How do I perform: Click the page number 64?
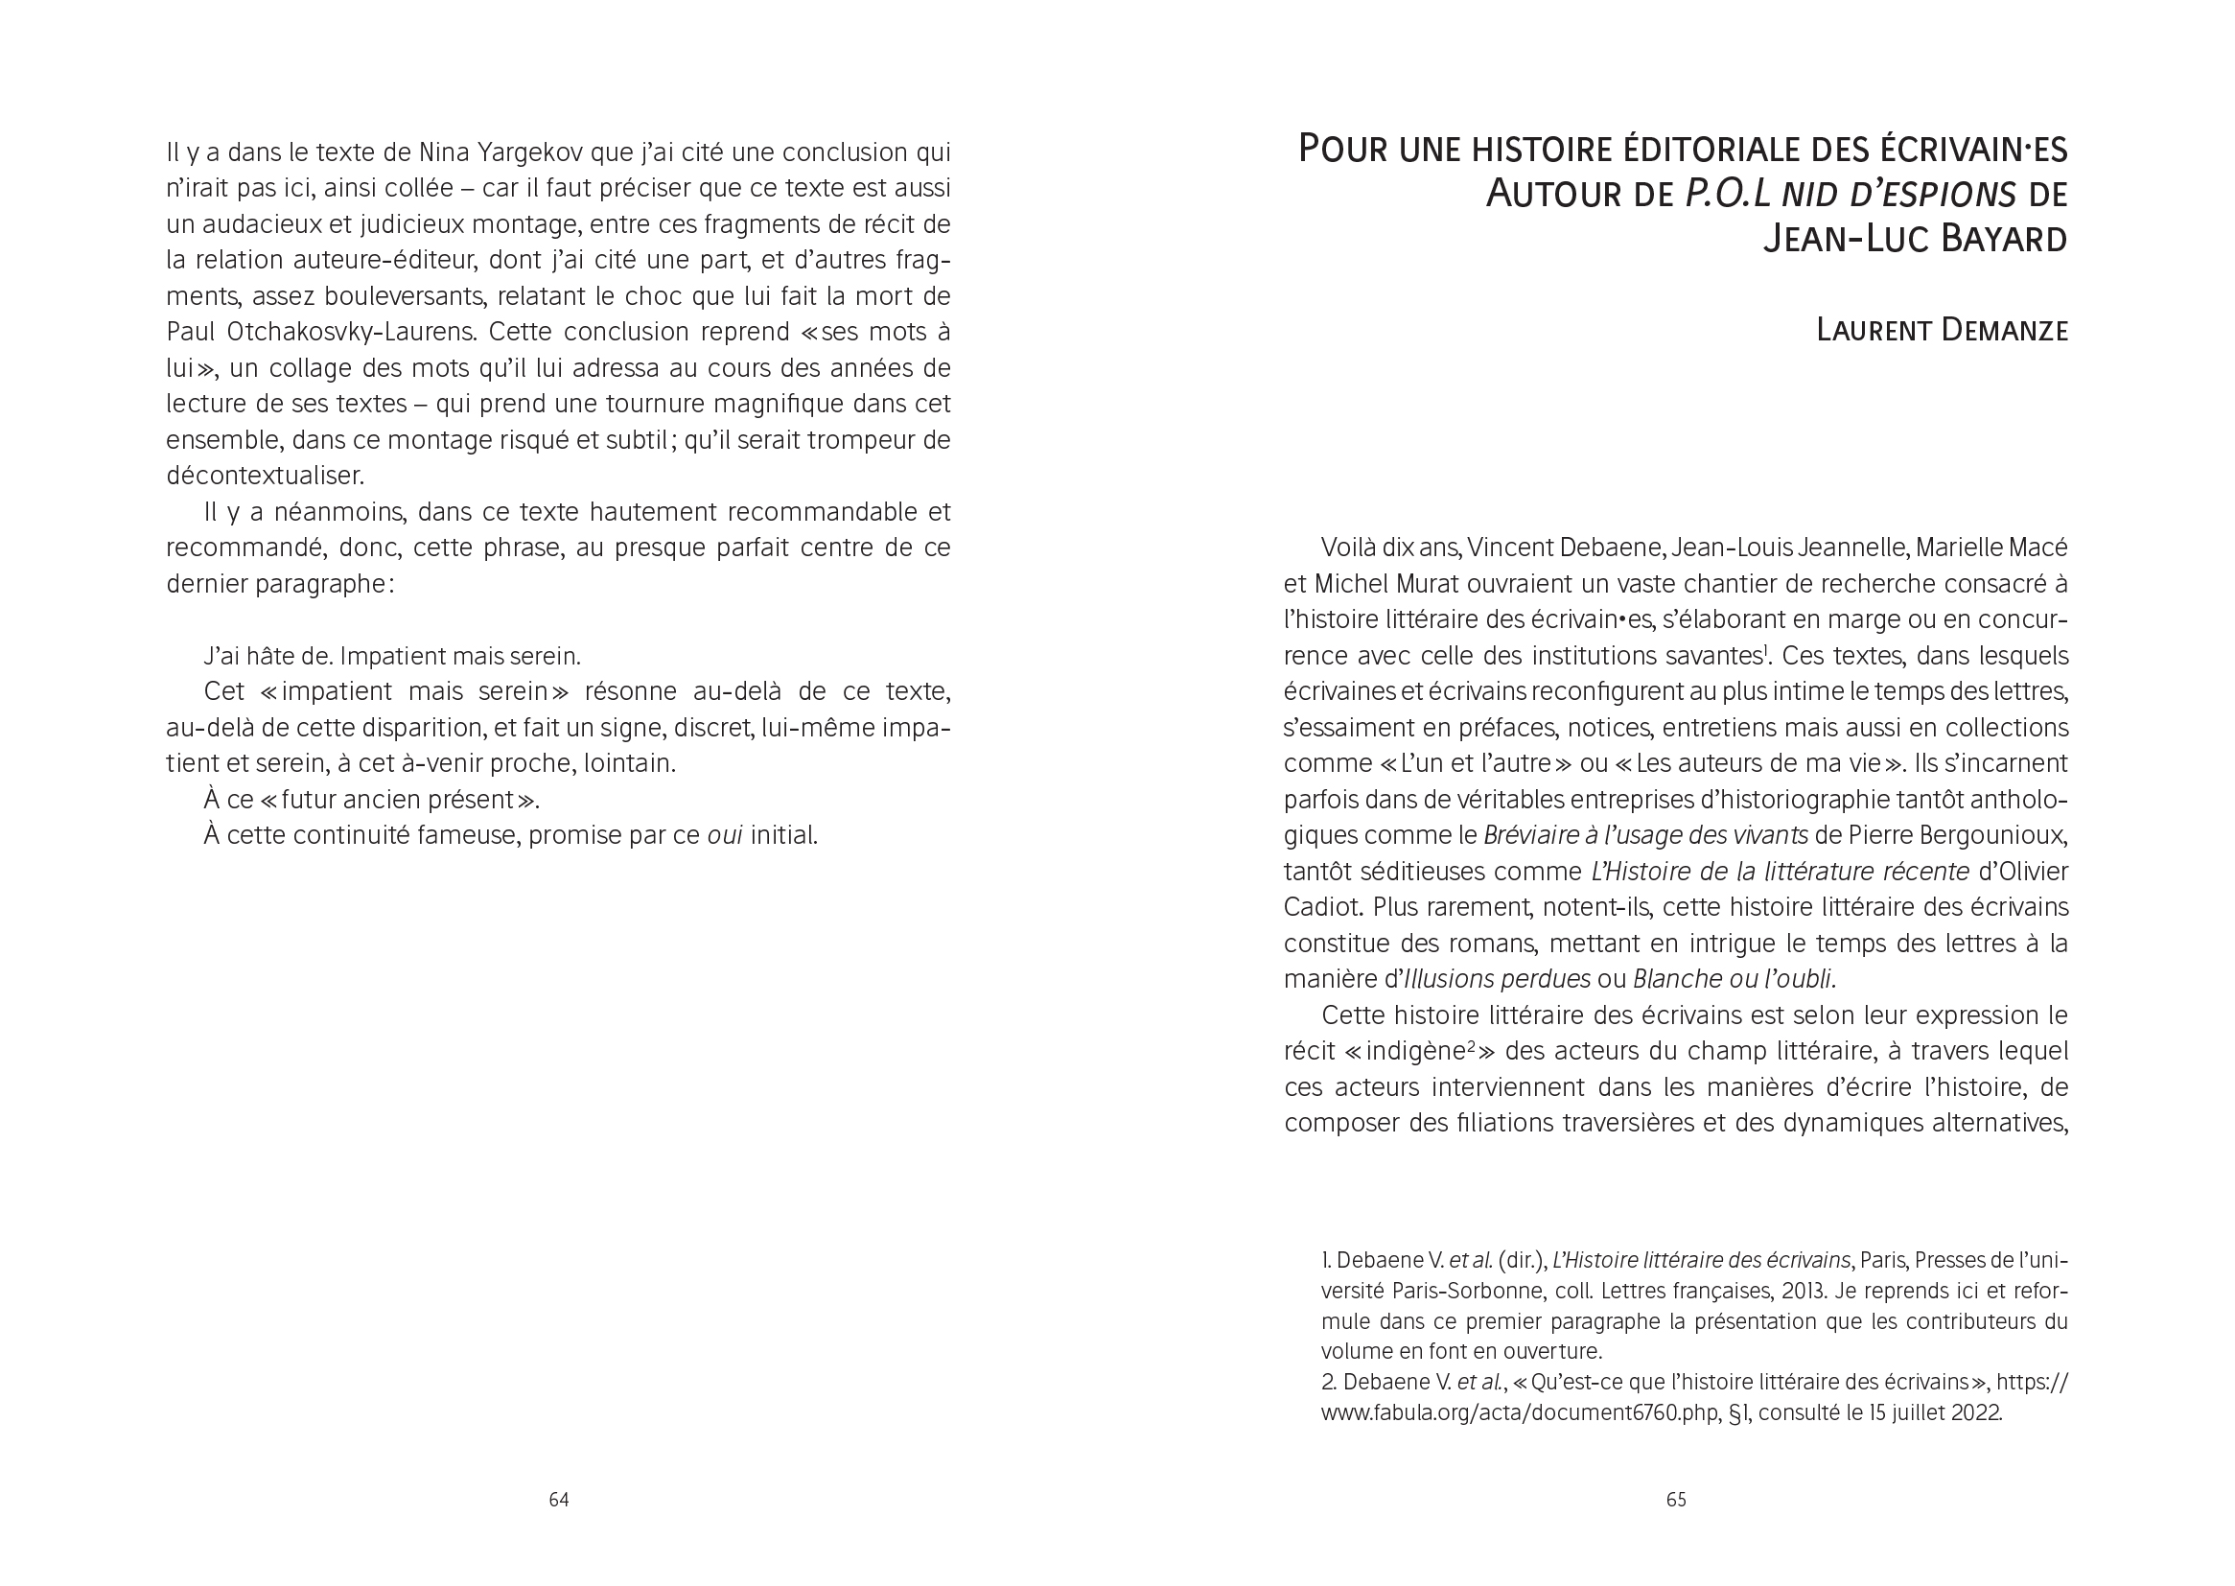coord(558,1499)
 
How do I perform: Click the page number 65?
coord(1675,1499)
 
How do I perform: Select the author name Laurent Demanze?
coord(1941,330)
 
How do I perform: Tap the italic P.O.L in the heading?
coord(1727,195)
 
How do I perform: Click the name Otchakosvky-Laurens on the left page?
coord(352,332)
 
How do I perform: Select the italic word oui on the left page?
coord(725,836)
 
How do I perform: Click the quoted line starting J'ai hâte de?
coord(392,656)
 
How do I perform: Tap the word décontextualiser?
coord(265,477)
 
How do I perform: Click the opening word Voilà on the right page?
coord(1353,548)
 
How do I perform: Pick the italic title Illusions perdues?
coord(1497,980)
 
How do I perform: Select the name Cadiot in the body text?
coord(1321,907)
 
